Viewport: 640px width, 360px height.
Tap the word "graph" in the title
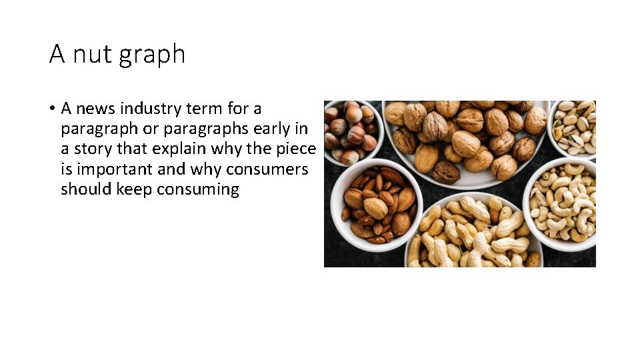pyautogui.click(x=153, y=55)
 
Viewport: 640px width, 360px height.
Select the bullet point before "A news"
pyautogui.click(x=53, y=109)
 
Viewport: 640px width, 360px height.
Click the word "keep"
pyautogui.click(x=134, y=189)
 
